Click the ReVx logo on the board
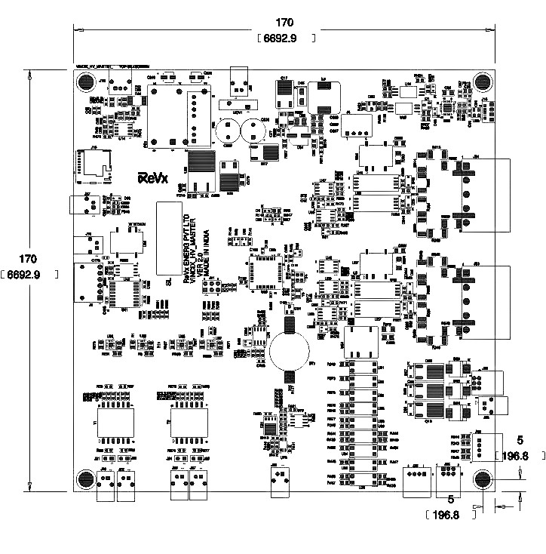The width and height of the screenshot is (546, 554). (x=152, y=178)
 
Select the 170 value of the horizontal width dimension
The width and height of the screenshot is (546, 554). (x=284, y=23)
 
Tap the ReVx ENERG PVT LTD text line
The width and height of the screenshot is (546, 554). (x=187, y=249)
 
